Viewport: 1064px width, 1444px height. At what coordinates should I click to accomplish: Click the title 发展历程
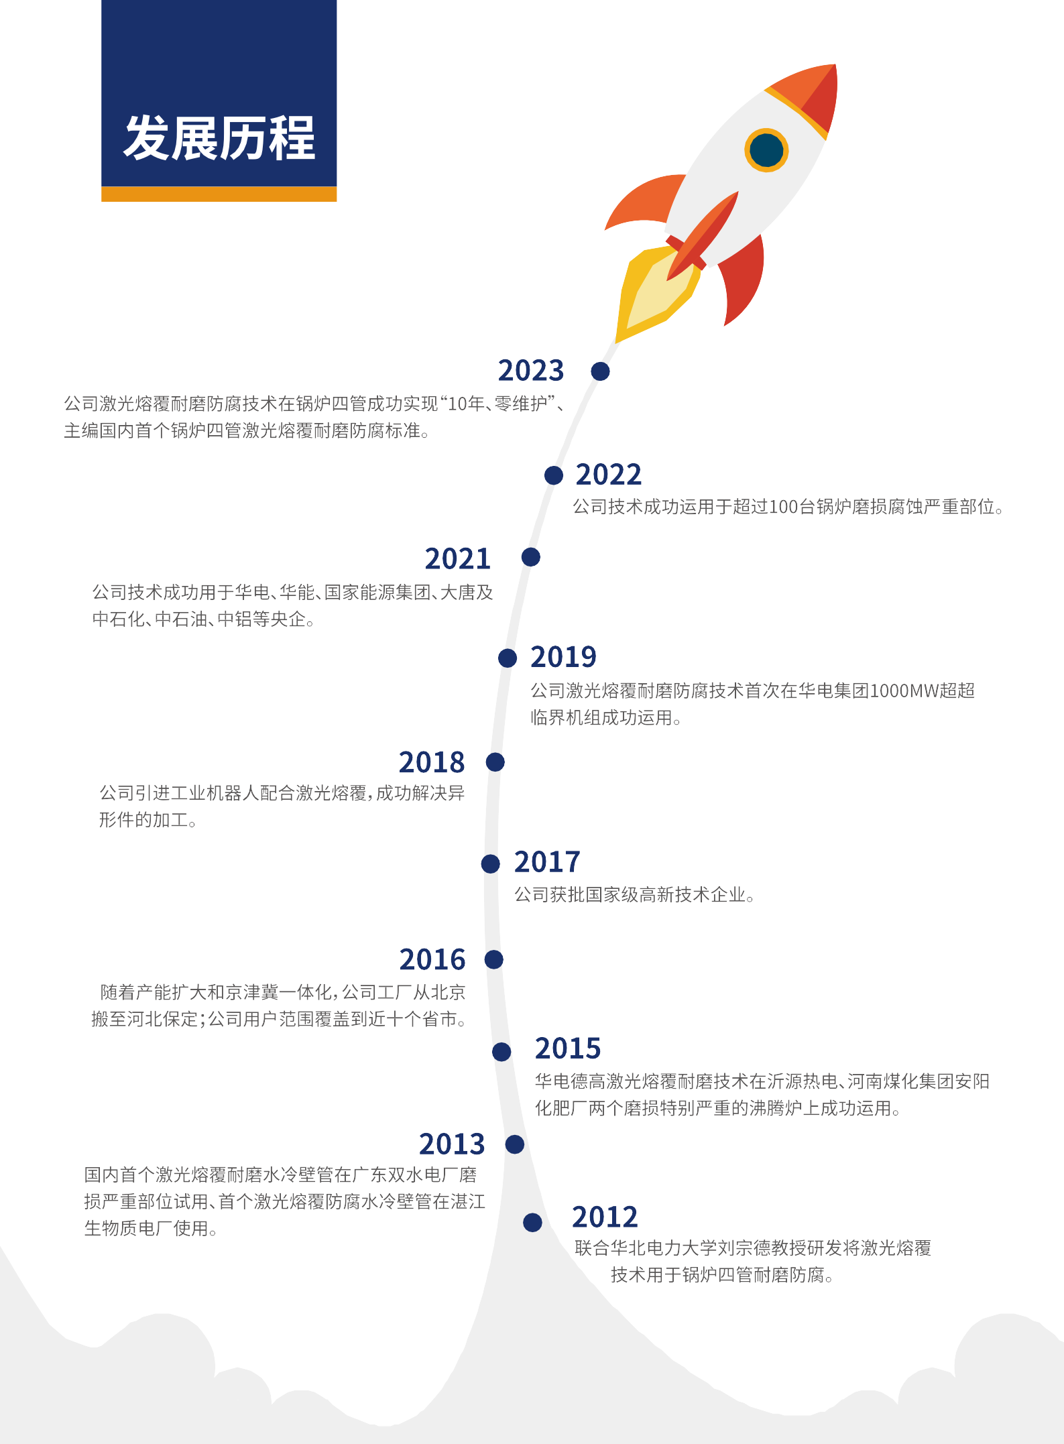[219, 138]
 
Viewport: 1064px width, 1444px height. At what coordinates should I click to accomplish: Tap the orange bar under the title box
[219, 194]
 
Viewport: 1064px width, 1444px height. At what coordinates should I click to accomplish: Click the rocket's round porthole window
[766, 149]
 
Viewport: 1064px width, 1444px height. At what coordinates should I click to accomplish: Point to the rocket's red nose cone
[808, 99]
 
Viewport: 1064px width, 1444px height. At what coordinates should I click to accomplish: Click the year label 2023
[531, 371]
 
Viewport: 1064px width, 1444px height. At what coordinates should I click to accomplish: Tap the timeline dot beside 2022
[554, 475]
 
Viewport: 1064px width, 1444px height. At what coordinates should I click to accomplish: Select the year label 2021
[458, 559]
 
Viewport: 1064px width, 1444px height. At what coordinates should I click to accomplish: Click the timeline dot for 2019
[508, 658]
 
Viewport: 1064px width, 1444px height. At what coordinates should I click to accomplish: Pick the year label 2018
[432, 763]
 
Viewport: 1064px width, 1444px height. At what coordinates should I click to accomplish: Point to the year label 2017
[547, 862]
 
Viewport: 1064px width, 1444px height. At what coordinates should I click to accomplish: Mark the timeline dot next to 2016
[494, 959]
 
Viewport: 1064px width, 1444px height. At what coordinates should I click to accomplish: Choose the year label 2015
[568, 1048]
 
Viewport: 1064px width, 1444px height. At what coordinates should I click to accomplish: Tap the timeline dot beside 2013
[515, 1144]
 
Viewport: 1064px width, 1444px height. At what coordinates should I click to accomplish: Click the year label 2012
[605, 1217]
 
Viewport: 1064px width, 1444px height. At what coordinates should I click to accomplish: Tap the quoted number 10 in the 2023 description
[457, 404]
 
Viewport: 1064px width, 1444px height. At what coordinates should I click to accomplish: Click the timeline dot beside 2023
[600, 371]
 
